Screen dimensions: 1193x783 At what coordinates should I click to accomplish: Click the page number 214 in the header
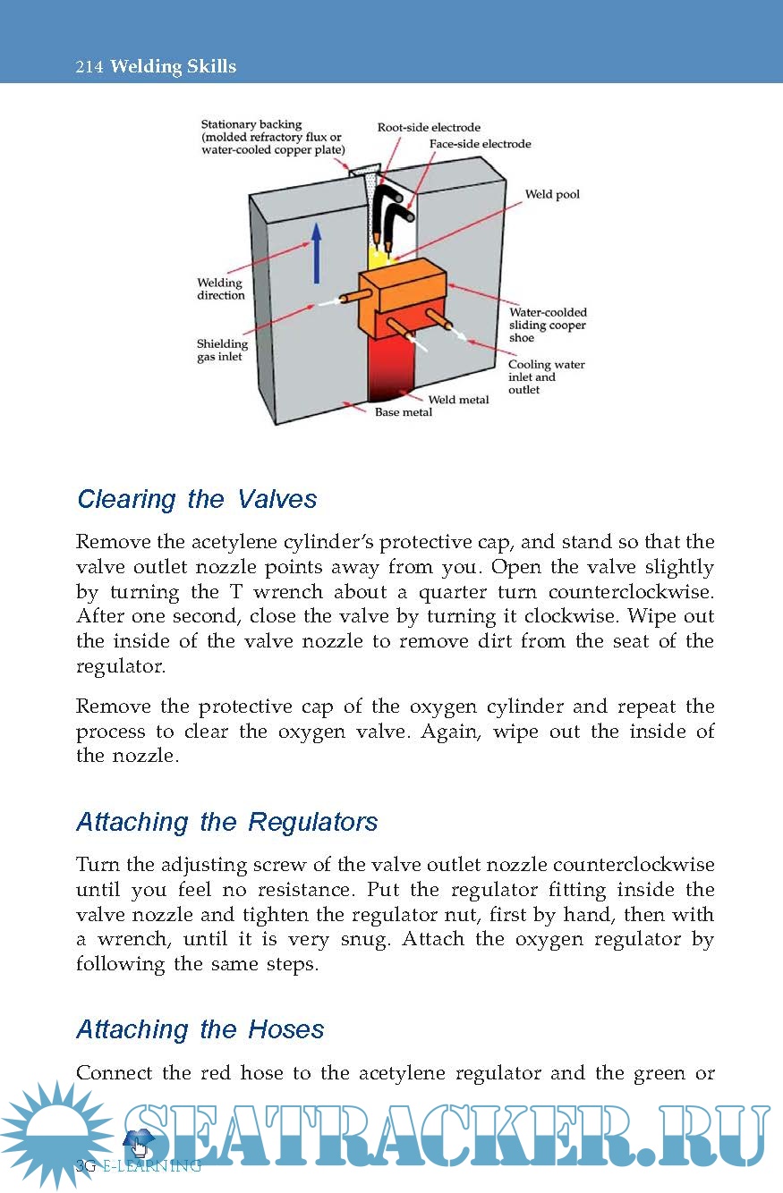89,67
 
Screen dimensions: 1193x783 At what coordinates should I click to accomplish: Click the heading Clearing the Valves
197,498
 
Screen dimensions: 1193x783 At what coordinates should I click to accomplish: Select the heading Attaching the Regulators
227,822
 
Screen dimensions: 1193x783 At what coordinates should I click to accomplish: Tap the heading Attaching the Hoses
200,1029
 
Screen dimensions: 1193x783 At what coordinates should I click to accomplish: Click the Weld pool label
552,194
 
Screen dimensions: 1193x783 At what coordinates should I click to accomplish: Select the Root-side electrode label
429,128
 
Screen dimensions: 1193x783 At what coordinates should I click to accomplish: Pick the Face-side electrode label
480,144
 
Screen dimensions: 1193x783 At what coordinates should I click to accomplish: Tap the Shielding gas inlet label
222,351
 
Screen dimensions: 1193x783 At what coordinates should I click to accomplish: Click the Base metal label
403,412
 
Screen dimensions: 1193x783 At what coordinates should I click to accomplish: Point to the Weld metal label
459,400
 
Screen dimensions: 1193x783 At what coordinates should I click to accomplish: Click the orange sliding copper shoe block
403,291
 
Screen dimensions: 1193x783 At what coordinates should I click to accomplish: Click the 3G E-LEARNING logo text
139,1165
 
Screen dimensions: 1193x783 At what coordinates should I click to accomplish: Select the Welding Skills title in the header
174,67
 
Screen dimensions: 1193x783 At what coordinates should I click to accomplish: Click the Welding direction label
220,289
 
